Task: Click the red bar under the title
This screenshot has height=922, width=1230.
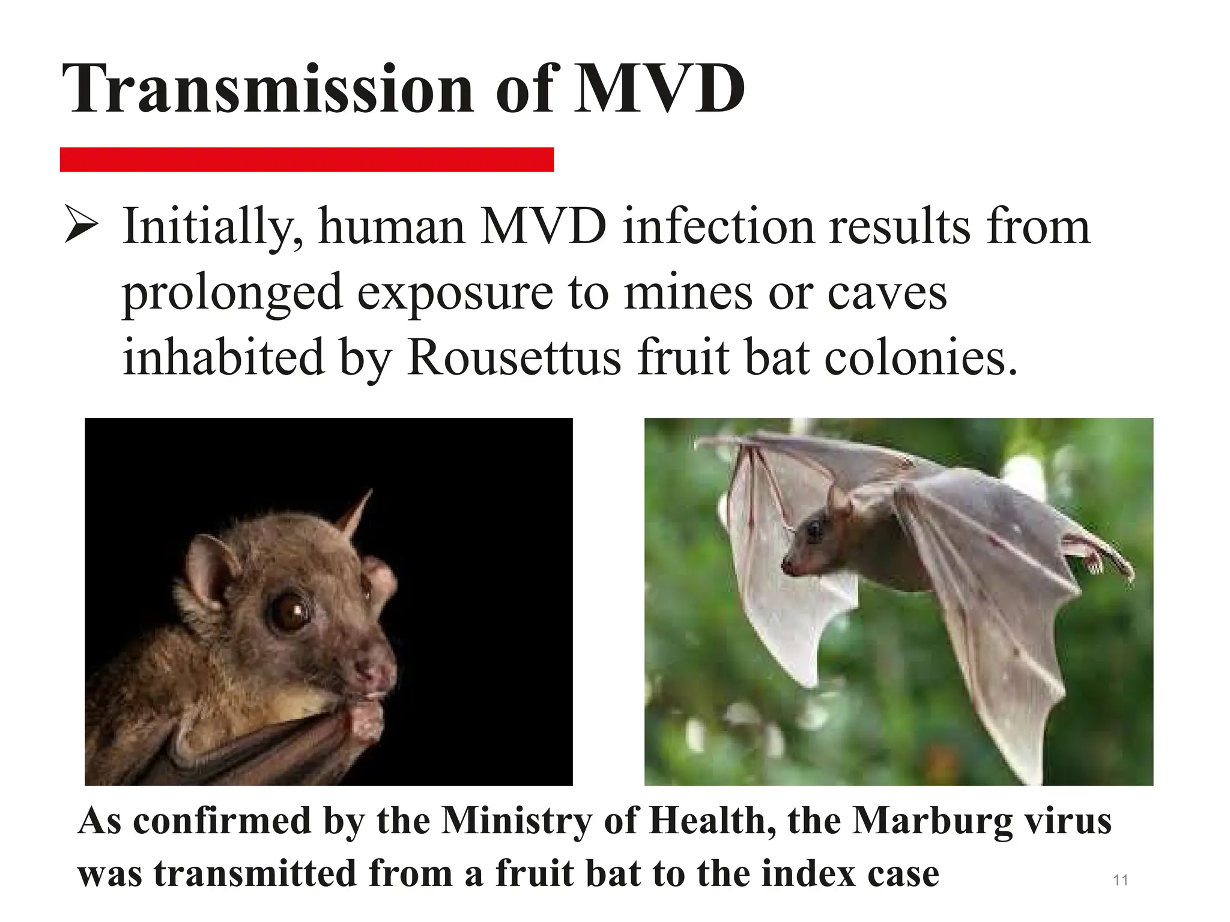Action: [x=306, y=160]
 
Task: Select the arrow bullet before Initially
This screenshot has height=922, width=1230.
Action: [x=81, y=224]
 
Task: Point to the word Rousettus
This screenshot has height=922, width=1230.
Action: [x=514, y=358]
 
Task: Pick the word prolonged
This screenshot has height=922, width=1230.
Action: [x=232, y=294]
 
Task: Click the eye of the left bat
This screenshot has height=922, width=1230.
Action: [x=291, y=610]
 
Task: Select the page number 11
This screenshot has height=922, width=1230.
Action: [x=1120, y=880]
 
